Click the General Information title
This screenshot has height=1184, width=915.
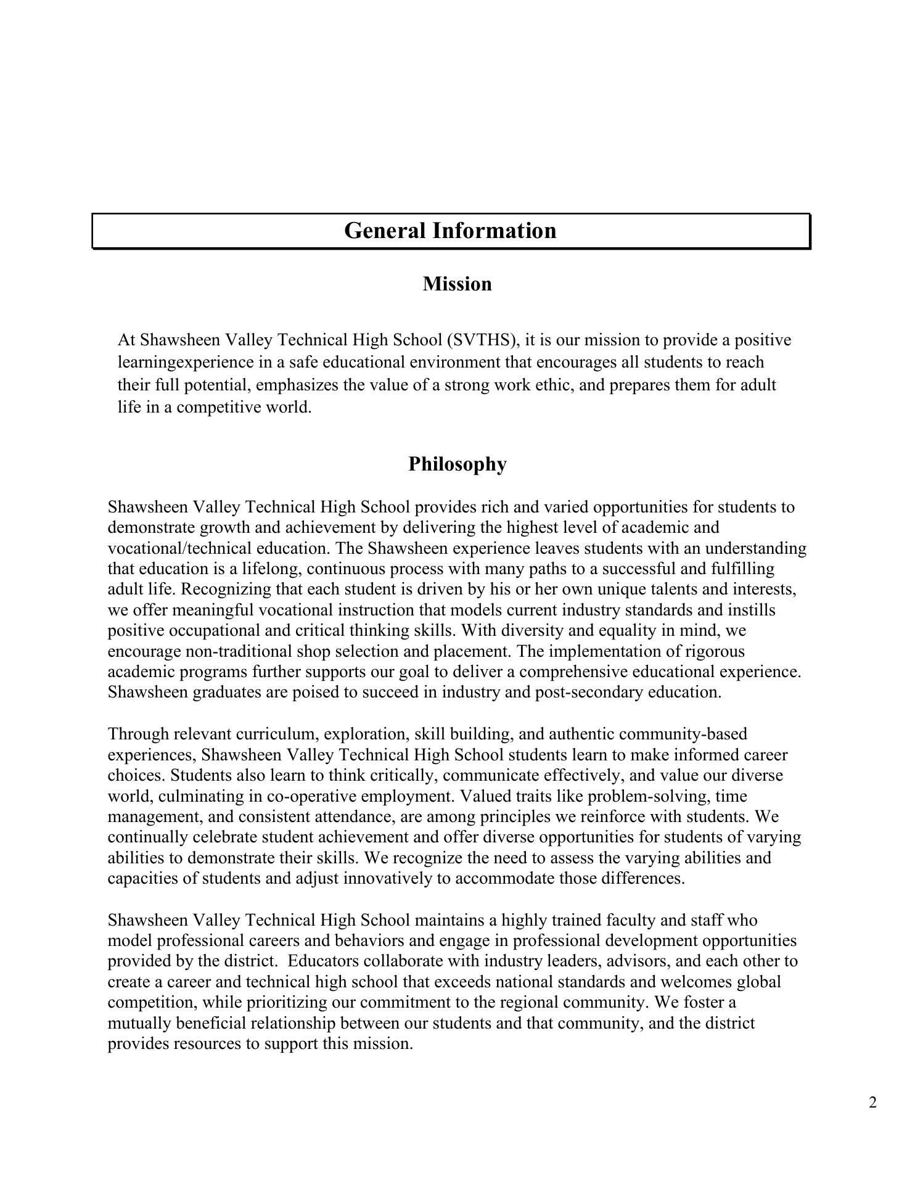(450, 231)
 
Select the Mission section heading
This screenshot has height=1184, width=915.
(457, 284)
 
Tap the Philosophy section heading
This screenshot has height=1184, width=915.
(457, 464)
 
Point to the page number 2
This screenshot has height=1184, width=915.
(872, 1103)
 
